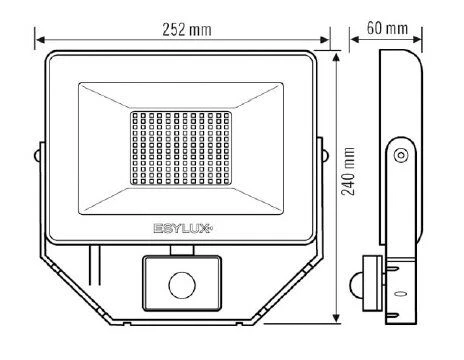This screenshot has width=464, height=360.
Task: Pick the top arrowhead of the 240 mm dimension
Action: tap(340, 55)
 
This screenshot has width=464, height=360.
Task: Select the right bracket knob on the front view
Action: tap(323, 155)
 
